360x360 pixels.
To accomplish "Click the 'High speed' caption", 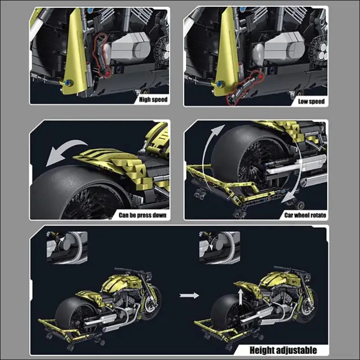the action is pyautogui.click(x=153, y=99).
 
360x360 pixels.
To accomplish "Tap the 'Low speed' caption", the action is pyautogui.click(x=311, y=101).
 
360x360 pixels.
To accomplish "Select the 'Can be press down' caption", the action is pyautogui.click(x=142, y=215).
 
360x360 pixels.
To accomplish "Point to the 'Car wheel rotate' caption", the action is pyautogui.click(x=305, y=215).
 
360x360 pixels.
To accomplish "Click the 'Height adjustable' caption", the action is pyautogui.click(x=283, y=351).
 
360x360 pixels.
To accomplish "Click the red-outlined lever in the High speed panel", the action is pyautogui.click(x=100, y=55).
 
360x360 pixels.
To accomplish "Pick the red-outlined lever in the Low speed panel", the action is pyautogui.click(x=244, y=88).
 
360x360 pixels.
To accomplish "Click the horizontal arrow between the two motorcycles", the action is pyautogui.click(x=189, y=295).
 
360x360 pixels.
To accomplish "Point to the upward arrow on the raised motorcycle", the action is pyautogui.click(x=240, y=297).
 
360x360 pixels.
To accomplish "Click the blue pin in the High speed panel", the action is pyautogui.click(x=68, y=83).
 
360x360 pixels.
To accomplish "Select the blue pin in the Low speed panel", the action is pyautogui.click(x=220, y=84).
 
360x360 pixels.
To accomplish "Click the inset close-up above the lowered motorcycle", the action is pyautogui.click(x=67, y=247).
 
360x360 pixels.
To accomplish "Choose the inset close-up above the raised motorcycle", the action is pyautogui.click(x=220, y=247).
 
